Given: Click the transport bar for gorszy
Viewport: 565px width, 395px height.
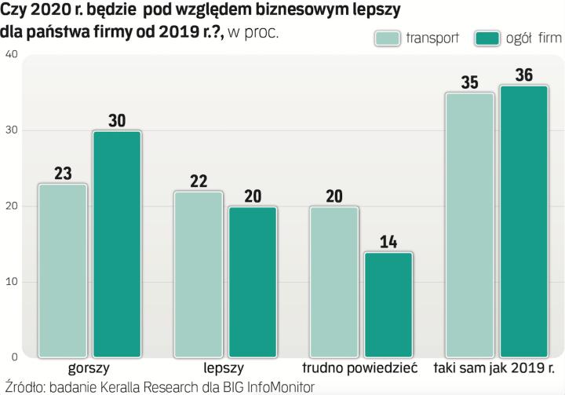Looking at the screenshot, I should [63, 271].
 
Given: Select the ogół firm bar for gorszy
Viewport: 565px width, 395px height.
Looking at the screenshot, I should [117, 244].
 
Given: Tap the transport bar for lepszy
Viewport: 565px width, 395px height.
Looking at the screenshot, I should [199, 274].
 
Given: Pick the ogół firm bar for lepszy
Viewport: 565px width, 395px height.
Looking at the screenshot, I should [252, 282].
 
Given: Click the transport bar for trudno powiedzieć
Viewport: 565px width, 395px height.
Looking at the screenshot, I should [334, 282].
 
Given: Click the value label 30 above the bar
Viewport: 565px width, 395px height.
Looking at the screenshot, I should [117, 120].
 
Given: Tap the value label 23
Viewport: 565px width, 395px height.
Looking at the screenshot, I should [63, 173].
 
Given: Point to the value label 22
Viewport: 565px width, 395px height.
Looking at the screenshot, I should [199, 181].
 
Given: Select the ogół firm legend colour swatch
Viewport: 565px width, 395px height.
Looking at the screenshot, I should [488, 38].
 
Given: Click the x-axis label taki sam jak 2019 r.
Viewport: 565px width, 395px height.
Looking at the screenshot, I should [498, 368].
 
